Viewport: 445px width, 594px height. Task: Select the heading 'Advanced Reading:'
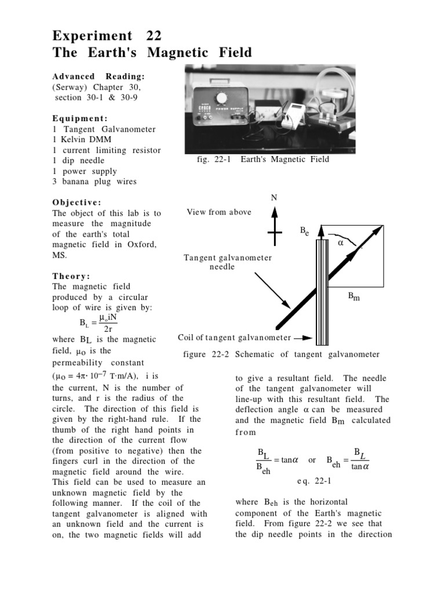pos(99,77)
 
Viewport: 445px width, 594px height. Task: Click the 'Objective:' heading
pos(76,202)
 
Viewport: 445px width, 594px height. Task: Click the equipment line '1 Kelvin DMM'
pos(82,140)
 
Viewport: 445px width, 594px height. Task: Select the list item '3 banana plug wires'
pos(94,182)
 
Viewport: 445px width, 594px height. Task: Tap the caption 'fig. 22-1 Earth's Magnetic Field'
pos(263,159)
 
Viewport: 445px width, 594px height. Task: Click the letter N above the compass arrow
pos(275,198)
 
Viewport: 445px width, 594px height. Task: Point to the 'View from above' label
pos(219,212)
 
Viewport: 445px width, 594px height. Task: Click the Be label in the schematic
pos(304,231)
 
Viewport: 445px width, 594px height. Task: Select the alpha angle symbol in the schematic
pos(341,243)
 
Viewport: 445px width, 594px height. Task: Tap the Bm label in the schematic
pos(353,296)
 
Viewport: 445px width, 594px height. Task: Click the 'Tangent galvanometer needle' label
pos(228,262)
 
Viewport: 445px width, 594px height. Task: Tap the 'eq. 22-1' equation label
pos(313,481)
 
